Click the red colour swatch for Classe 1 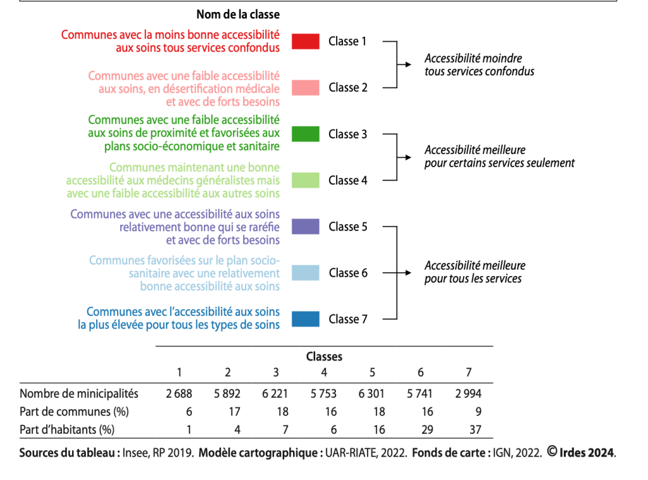pos(306,42)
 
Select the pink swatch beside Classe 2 pos(306,88)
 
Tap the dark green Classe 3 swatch pos(306,134)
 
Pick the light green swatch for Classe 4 pos(306,180)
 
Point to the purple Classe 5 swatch pos(306,227)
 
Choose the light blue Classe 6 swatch pos(306,273)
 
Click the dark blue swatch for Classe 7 pos(306,319)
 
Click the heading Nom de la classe pos(238,15)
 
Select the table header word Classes pos(324,357)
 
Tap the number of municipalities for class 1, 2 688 pos(179,393)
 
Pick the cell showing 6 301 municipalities pos(371,393)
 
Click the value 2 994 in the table pos(468,393)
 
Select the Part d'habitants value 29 pos(427,430)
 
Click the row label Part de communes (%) pos(74,412)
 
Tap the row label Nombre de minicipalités pos(79,393)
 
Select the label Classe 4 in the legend pos(347,180)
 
